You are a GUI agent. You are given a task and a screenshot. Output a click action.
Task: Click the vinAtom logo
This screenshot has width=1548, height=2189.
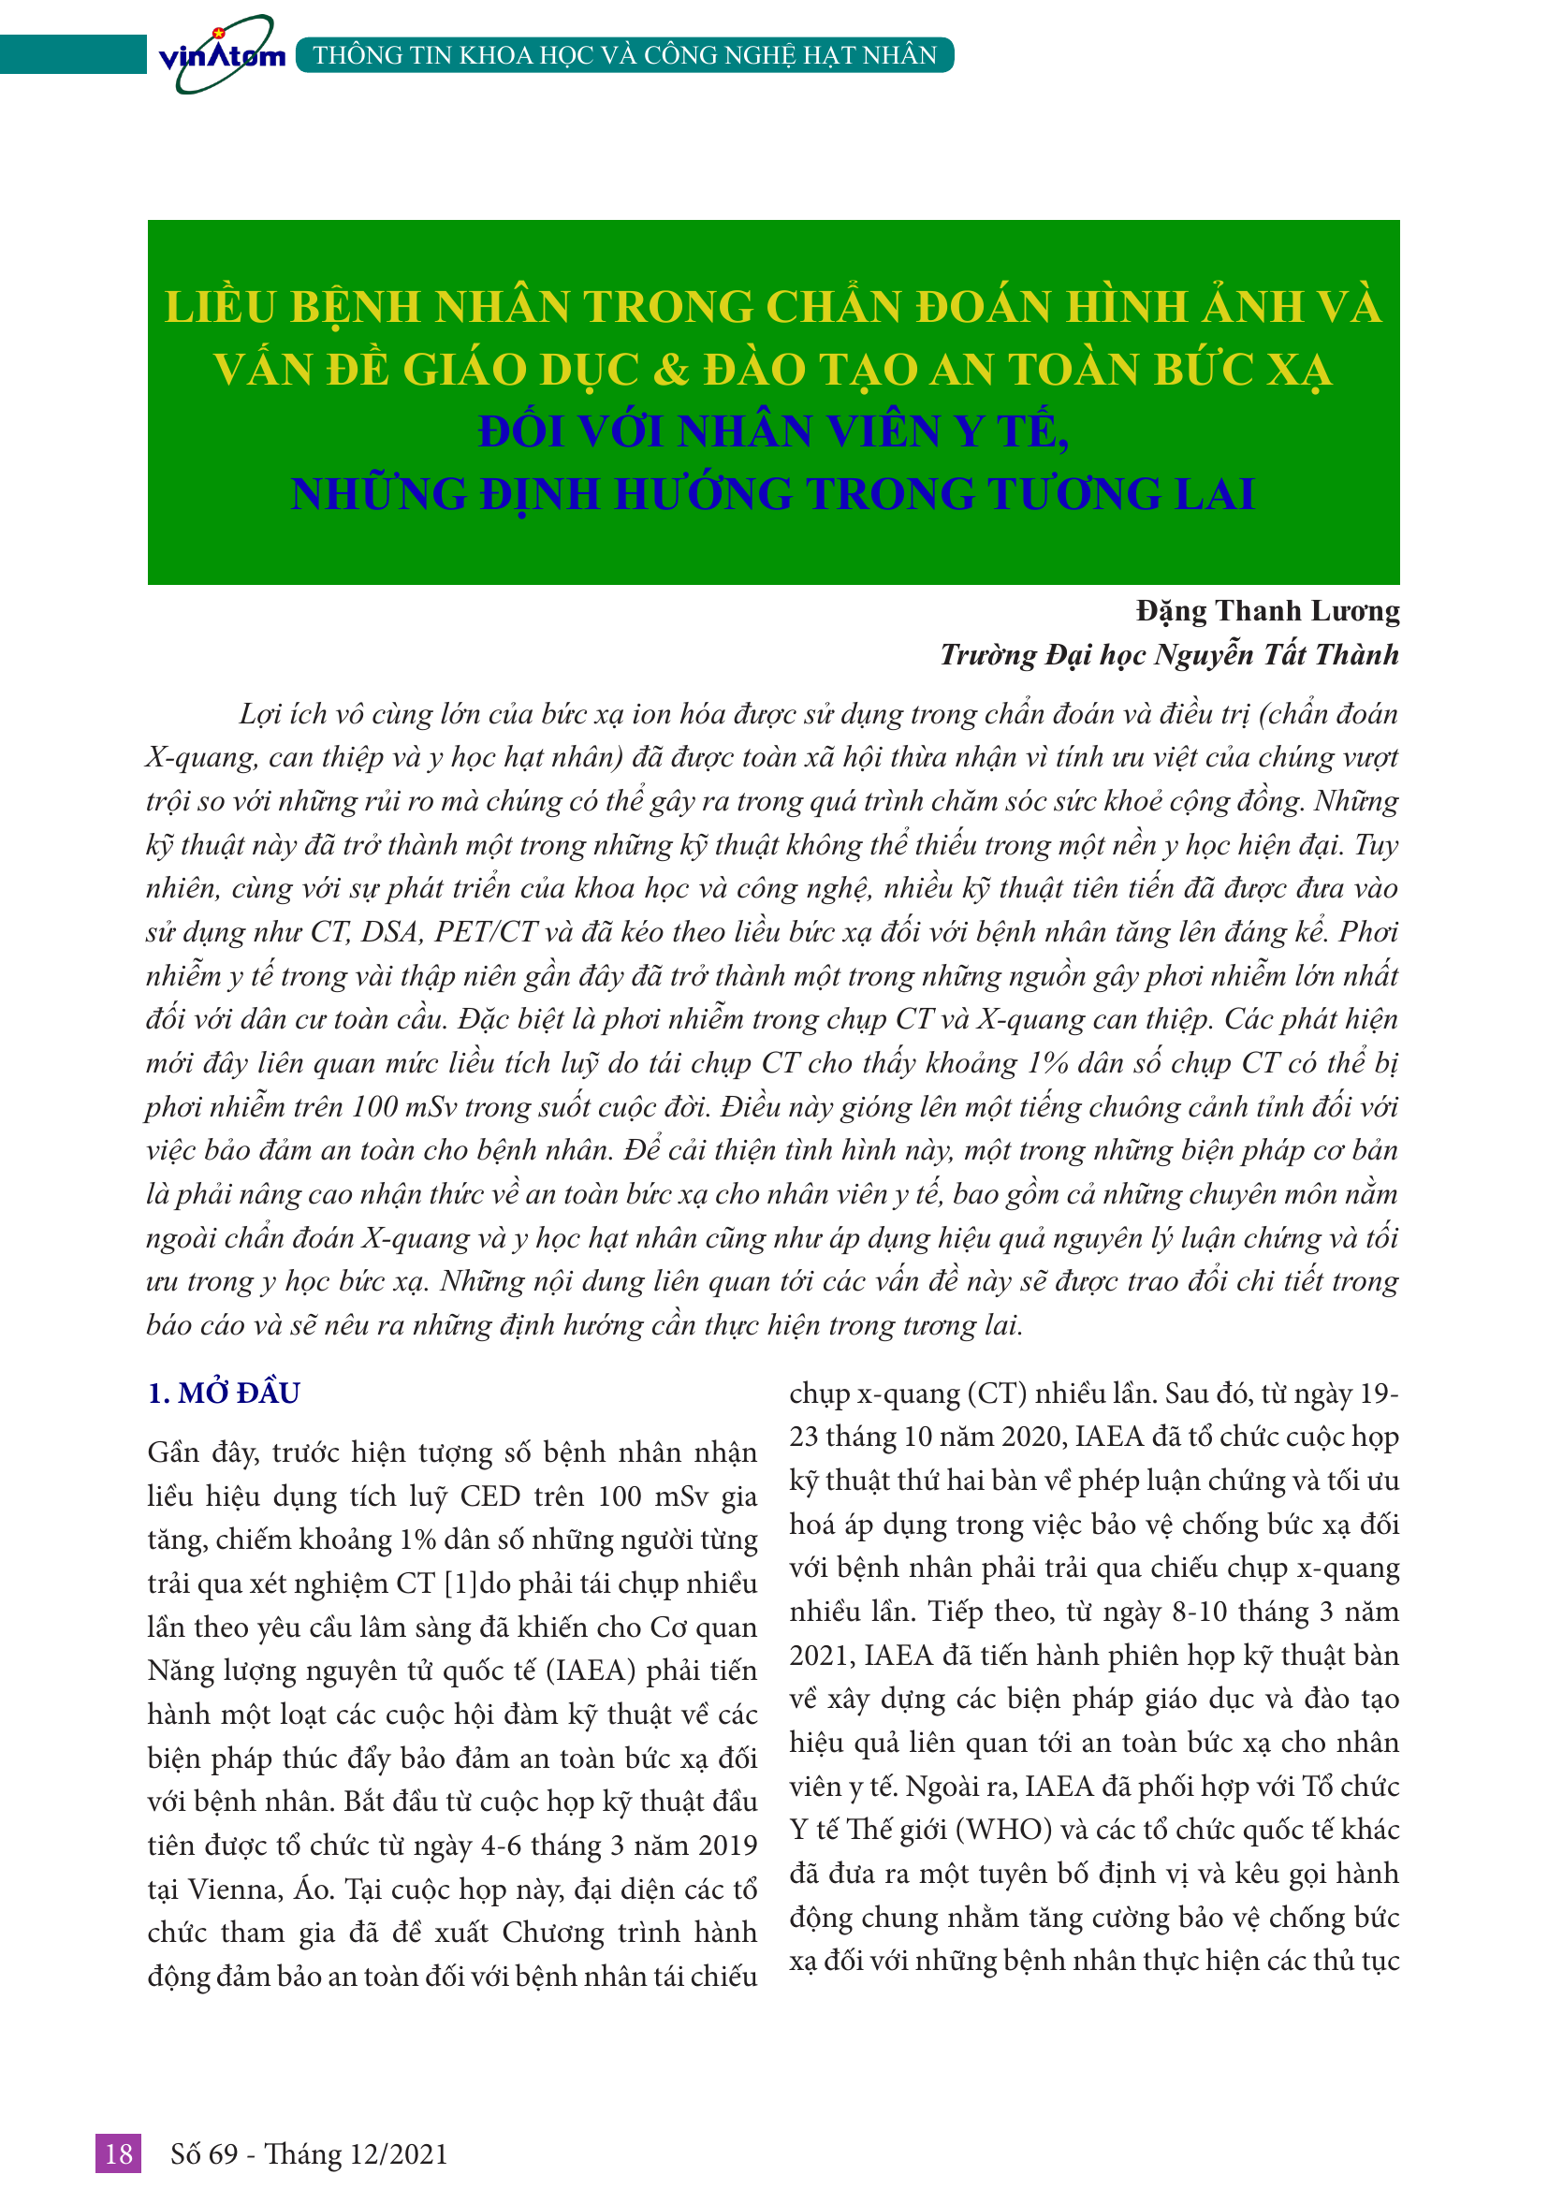[221, 55]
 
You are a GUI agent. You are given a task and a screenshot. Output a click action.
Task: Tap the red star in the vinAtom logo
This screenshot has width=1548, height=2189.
[218, 33]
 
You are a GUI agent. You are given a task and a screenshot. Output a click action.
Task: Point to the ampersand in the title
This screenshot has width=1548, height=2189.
[672, 370]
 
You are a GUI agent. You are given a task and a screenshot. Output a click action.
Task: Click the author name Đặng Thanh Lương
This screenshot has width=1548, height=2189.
[1267, 611]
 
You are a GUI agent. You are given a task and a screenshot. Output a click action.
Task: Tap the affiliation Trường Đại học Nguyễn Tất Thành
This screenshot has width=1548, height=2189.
[1169, 655]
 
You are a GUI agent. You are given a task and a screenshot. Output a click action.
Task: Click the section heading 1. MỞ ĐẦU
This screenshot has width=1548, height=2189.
[224, 1393]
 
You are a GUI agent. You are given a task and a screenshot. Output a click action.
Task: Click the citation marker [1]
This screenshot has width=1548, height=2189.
[460, 1583]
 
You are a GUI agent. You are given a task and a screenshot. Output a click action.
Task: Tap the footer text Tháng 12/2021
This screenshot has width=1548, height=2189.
[356, 2153]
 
